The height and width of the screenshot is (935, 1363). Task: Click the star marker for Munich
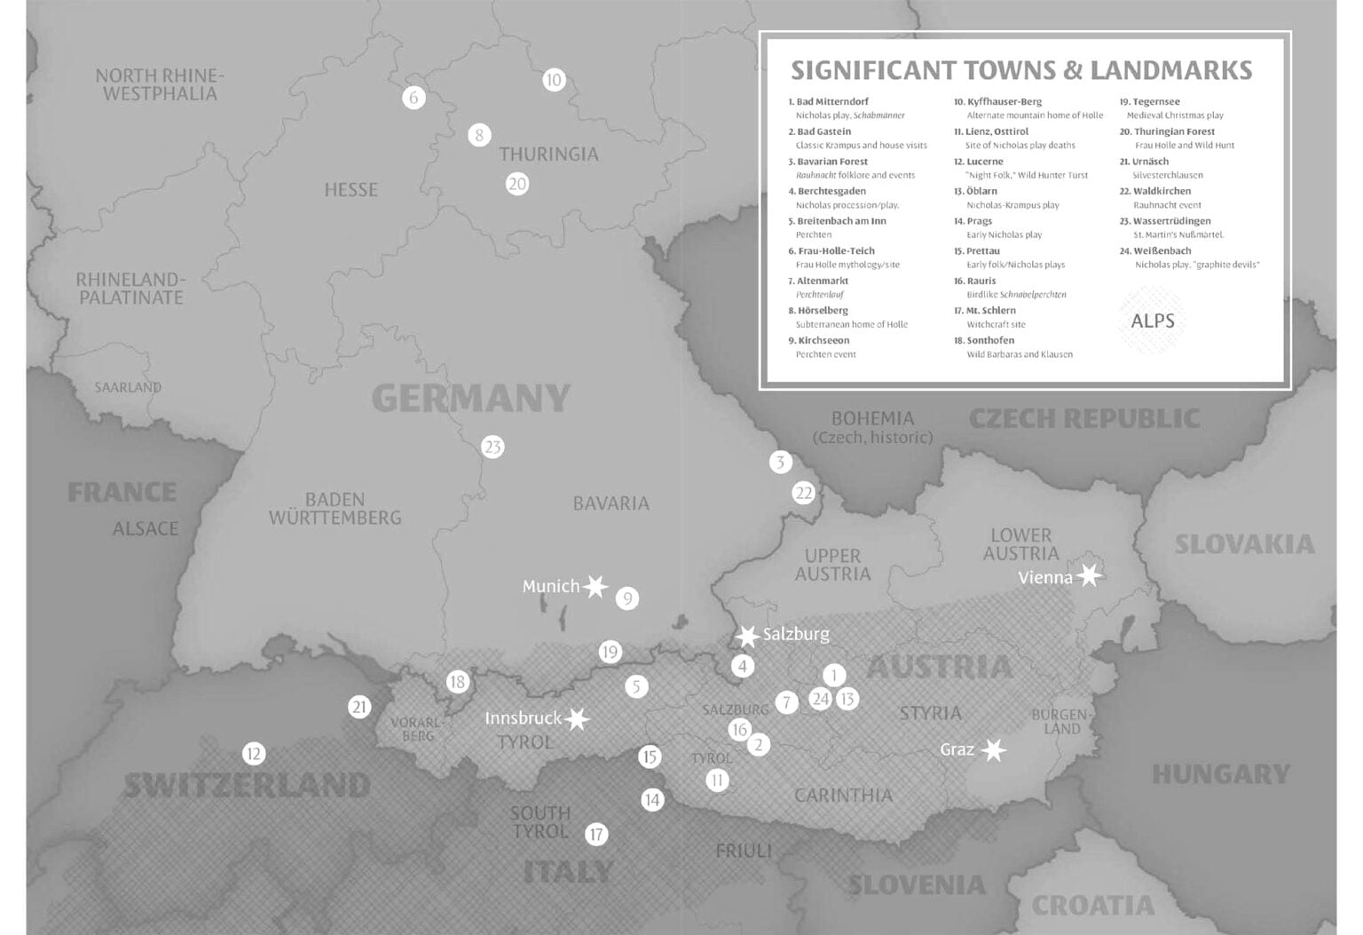pos(595,586)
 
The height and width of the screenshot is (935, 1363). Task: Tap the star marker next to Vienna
pos(1090,576)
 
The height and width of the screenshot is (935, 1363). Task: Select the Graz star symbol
pos(994,750)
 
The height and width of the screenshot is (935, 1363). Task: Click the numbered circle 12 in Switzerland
pos(254,754)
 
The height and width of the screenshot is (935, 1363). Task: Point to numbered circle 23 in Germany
pos(492,447)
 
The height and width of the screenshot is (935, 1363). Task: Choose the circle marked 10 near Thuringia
pos(554,80)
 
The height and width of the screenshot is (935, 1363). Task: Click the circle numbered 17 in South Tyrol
pos(596,834)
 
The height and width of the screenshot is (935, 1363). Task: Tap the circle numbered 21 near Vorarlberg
pos(359,707)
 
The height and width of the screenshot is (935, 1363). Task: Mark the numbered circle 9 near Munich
pos(627,598)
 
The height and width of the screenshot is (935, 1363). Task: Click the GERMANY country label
pos(470,398)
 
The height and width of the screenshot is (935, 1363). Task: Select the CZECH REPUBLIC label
pos(1083,418)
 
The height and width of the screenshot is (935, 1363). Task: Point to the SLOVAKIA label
pos(1244,544)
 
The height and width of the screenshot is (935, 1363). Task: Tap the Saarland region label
pos(129,387)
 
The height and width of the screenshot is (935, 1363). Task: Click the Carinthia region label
pos(843,795)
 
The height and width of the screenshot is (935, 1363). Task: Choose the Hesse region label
pos(351,189)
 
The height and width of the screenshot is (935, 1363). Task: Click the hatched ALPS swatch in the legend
pos(1152,321)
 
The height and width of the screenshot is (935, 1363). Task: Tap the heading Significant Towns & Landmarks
pos(1021,70)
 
